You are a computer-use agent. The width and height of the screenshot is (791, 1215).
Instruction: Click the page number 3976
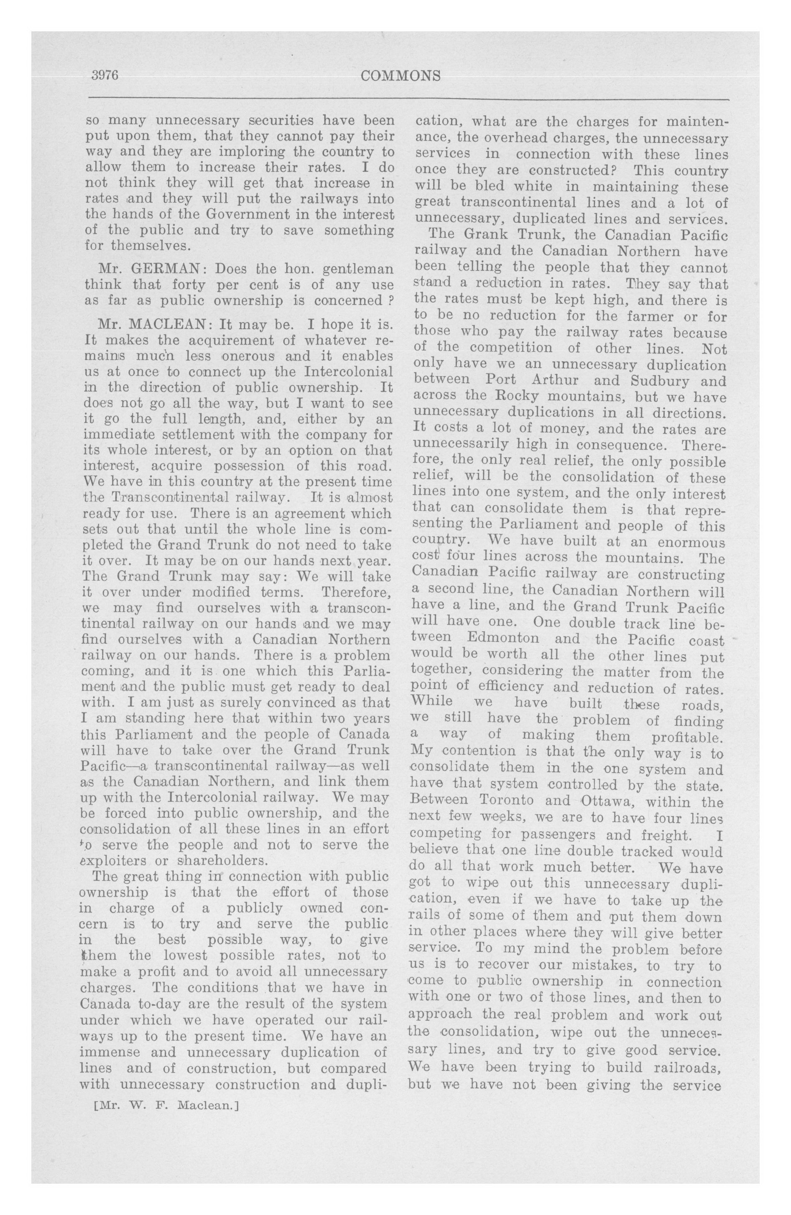pyautogui.click(x=105, y=76)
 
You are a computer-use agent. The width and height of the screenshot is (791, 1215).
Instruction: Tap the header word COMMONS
pyautogui.click(x=400, y=76)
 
